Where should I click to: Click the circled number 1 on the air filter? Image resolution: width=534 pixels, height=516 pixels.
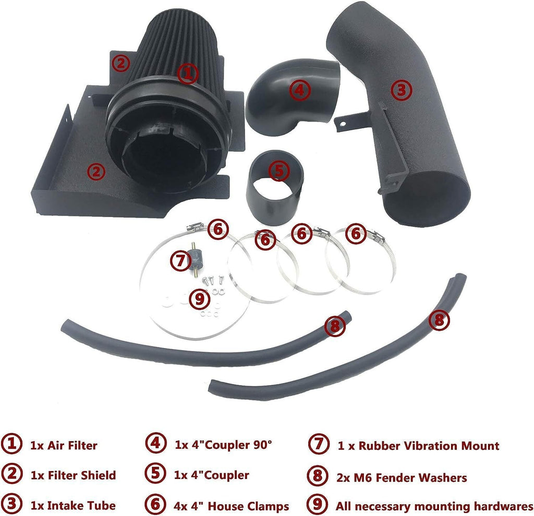(x=187, y=74)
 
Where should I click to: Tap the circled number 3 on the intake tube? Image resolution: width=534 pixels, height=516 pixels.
(x=402, y=90)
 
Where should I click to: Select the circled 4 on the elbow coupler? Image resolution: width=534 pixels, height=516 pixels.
(x=300, y=90)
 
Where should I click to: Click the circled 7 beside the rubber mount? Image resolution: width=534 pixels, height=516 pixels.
(x=180, y=261)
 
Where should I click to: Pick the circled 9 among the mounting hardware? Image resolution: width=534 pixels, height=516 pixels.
(x=199, y=299)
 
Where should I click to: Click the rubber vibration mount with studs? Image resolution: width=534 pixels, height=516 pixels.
(x=195, y=259)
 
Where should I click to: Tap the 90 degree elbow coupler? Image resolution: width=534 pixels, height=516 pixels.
(x=293, y=97)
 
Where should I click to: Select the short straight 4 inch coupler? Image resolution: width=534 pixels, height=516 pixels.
(x=275, y=187)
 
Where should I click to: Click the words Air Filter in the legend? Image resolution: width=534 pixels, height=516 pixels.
(x=72, y=446)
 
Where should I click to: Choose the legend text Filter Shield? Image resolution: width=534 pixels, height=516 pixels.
(x=82, y=475)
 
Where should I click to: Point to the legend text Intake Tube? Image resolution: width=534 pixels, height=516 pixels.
(x=81, y=506)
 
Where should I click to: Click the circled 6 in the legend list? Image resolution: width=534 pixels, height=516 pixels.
(x=155, y=504)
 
